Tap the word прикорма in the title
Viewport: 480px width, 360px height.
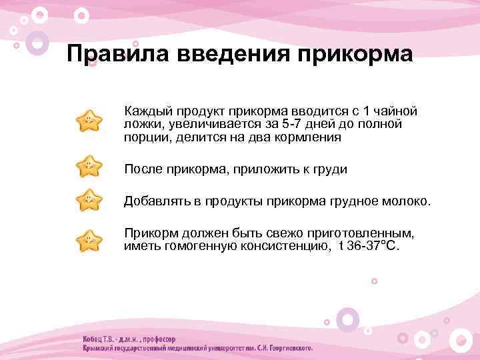click(354, 53)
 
